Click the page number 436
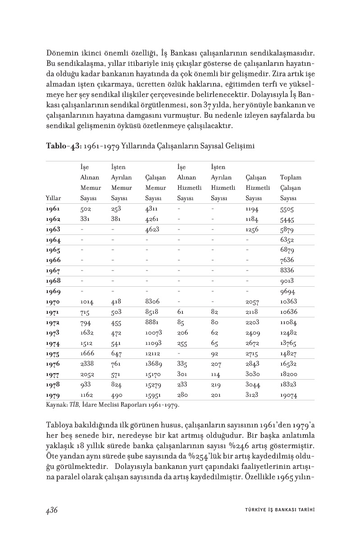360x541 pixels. pos(51,510)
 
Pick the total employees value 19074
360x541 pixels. pos(289,395)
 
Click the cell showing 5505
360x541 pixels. pos(287,210)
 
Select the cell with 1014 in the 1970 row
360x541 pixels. pos(87,302)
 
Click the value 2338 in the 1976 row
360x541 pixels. pos(88,364)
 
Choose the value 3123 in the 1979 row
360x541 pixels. pos(253,395)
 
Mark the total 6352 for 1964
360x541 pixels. pos(287,240)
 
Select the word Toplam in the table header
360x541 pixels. pos(291,178)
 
